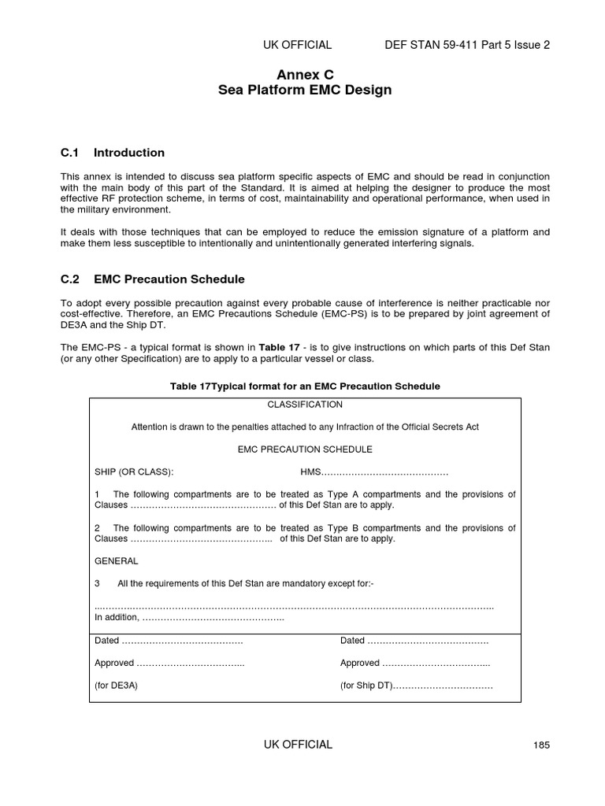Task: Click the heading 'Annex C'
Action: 305,75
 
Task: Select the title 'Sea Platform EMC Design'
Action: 305,91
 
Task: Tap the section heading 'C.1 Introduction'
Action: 113,153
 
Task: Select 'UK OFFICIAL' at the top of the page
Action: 297,45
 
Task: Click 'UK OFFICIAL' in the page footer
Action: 297,745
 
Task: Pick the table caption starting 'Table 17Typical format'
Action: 305,386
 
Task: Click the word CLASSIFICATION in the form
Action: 305,405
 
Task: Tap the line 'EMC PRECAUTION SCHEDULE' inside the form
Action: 305,449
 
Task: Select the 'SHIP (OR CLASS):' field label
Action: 134,472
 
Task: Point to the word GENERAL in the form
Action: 117,561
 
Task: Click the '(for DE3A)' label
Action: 116,686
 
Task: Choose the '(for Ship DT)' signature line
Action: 416,686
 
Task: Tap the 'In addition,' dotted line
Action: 189,619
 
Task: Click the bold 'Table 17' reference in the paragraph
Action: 279,347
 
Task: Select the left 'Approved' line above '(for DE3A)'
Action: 169,664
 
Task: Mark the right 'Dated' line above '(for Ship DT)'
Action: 414,641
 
